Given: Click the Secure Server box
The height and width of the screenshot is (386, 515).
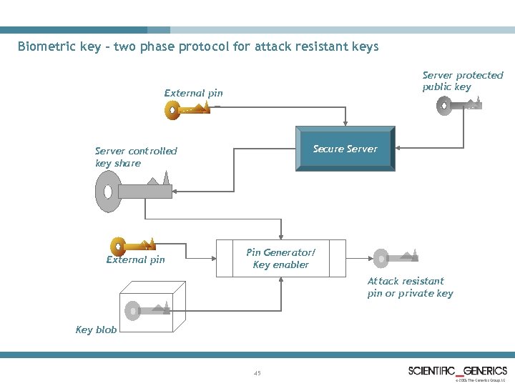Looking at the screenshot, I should coord(345,149).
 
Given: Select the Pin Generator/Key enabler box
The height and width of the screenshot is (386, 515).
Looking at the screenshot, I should coord(281,259).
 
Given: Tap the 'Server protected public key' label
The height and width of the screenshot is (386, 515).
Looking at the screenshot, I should coord(462,81).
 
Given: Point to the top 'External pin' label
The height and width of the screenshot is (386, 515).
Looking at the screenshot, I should coord(193,93).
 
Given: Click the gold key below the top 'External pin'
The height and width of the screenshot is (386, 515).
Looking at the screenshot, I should coord(187,109).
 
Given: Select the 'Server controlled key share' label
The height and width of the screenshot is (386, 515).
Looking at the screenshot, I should coord(136,157).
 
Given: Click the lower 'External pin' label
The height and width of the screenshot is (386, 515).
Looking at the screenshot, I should coord(135,259).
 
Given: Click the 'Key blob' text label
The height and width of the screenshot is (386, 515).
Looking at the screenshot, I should coord(96,330).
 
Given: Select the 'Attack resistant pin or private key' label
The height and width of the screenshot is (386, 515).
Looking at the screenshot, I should coord(410,287).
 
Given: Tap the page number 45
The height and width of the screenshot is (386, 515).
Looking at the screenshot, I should coord(257,372).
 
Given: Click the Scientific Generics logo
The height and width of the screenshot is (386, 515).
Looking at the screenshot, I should coord(458,371).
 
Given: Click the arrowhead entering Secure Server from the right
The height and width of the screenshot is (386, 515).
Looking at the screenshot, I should coord(398,148).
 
